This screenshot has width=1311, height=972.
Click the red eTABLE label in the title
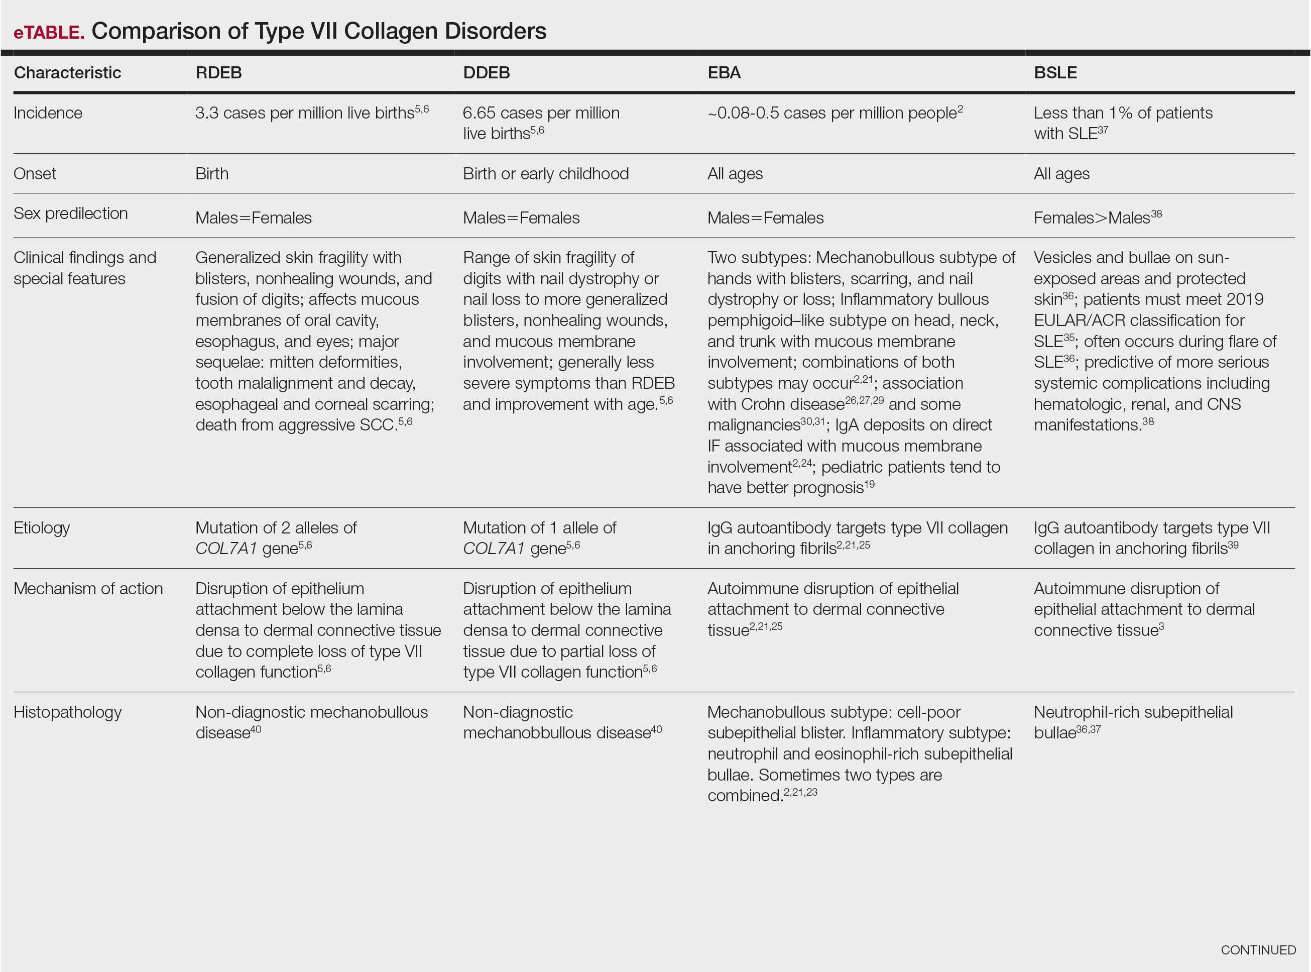49,32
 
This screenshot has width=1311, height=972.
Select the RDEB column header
218,73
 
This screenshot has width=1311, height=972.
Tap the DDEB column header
486,73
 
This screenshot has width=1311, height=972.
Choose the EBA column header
724,73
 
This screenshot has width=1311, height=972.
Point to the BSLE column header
1054,73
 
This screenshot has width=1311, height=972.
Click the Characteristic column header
67,73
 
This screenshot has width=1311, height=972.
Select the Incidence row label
48,113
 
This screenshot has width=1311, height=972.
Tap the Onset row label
35,174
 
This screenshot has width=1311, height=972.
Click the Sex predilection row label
71,213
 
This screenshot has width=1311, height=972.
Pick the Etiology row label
42,528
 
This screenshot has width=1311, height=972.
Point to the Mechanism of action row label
88,589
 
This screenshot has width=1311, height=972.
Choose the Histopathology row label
67,712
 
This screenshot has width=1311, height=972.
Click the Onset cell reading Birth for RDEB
212,174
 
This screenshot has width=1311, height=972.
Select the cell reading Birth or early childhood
545,174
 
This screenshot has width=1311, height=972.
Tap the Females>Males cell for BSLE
1097,218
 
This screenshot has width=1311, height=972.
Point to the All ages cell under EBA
735,174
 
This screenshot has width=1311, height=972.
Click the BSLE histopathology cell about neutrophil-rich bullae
1132,722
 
